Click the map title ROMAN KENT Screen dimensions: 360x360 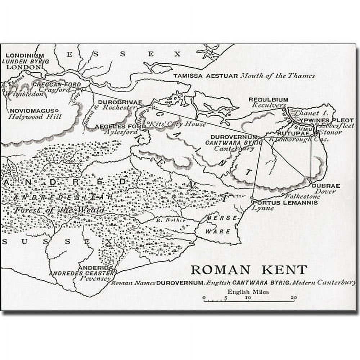point(249,269)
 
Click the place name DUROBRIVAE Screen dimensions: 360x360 point(120,102)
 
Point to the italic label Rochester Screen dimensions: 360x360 point(120,107)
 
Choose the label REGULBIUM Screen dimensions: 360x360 point(268,99)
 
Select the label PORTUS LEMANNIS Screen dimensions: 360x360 point(284,203)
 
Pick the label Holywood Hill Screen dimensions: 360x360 point(35,117)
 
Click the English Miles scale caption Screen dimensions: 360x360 point(248,292)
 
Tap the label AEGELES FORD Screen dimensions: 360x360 point(115,127)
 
